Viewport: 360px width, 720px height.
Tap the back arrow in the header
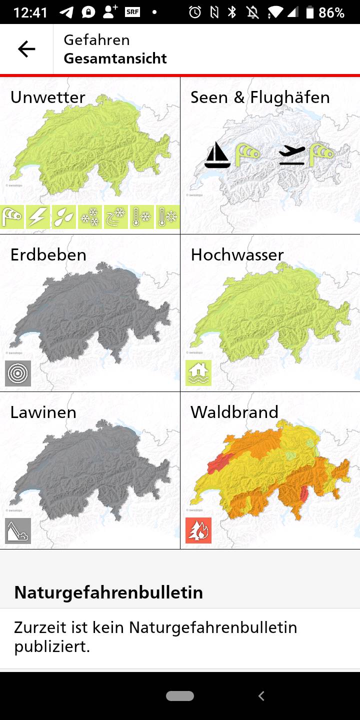click(26, 49)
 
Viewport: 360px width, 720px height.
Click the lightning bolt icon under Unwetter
click(38, 217)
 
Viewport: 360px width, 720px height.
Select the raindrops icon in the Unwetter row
click(64, 217)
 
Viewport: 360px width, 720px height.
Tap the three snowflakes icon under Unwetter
click(90, 217)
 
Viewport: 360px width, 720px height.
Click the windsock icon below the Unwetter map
click(12, 217)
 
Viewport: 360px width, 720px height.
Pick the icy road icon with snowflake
click(116, 217)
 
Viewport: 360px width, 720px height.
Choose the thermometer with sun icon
click(167, 217)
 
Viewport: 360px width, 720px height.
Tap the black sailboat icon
click(217, 155)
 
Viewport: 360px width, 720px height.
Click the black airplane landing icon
click(292, 155)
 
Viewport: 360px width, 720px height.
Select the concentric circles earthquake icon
click(18, 373)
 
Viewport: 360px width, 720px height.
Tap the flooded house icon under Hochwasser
click(198, 373)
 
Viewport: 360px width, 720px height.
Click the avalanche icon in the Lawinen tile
click(18, 531)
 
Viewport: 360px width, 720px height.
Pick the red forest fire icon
click(198, 530)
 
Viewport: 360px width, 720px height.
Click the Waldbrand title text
click(234, 412)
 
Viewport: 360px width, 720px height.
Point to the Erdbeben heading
click(48, 254)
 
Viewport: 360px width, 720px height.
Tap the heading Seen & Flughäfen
click(260, 97)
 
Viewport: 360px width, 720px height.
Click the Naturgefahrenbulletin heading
click(108, 592)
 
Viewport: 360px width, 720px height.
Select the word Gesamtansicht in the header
click(115, 58)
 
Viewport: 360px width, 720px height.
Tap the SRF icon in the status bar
click(132, 12)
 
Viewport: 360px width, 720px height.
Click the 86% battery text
click(331, 12)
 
